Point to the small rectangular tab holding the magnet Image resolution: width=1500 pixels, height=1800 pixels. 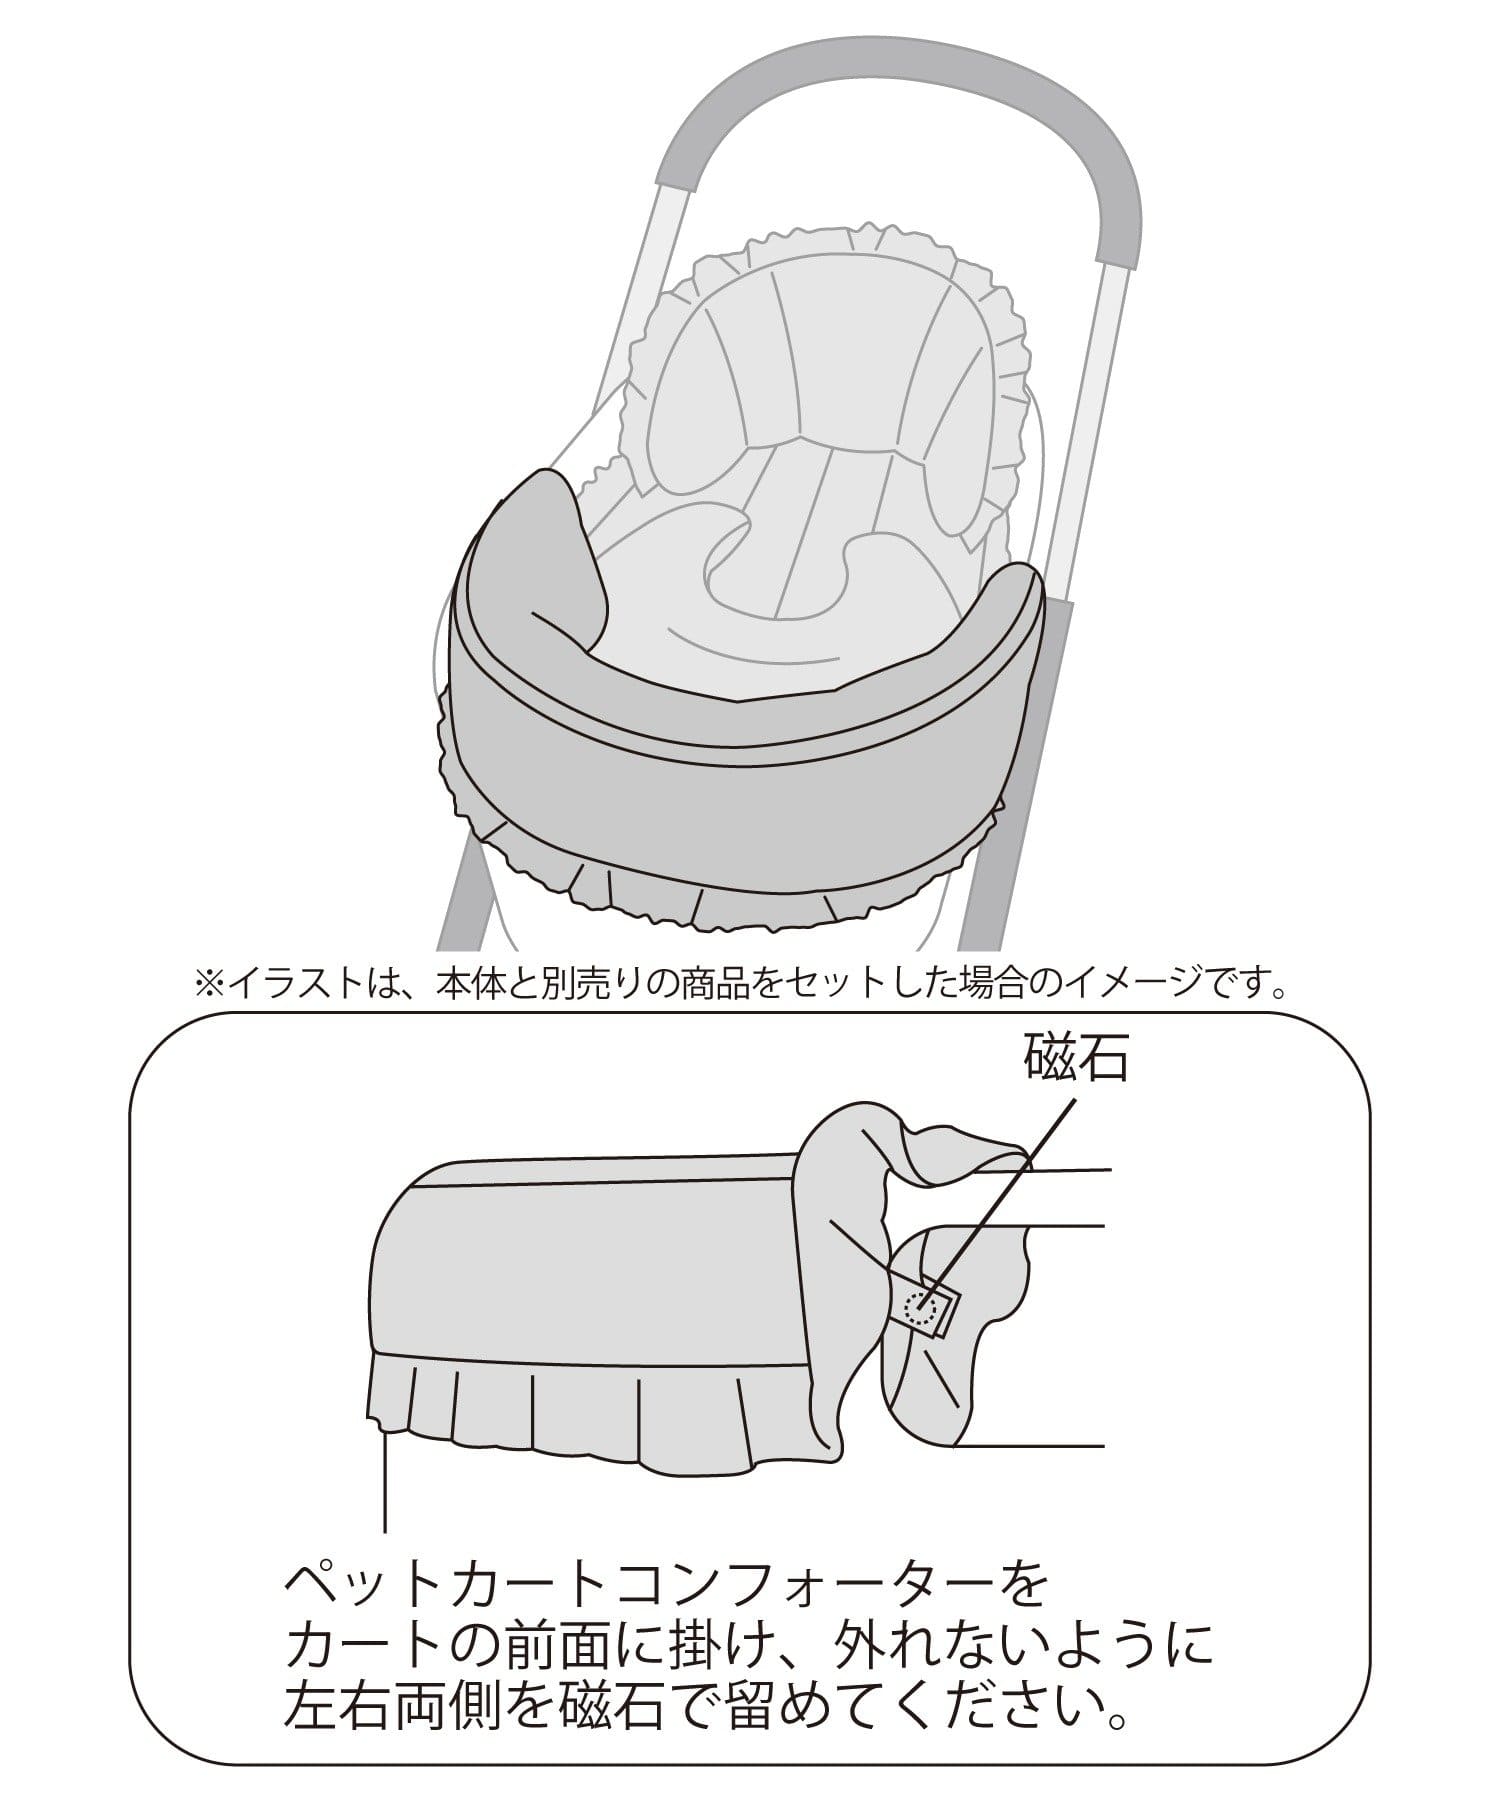point(925,1304)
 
